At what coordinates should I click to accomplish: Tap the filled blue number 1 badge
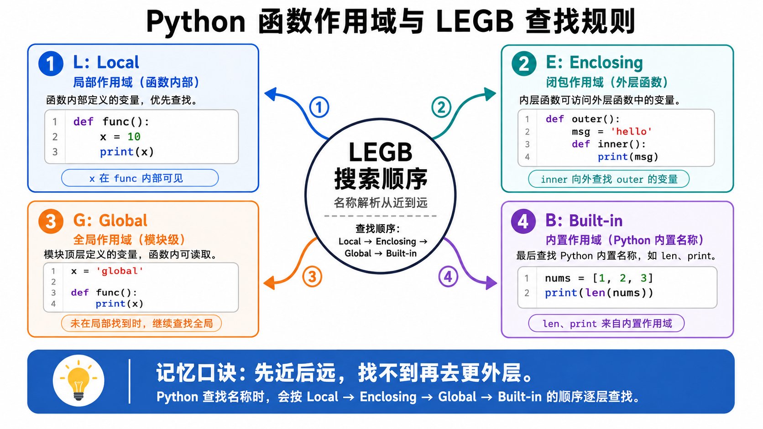pos(51,64)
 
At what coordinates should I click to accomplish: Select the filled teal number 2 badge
pos(524,64)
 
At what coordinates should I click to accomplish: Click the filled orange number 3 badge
pos(51,222)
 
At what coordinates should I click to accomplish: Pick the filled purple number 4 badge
pos(523,222)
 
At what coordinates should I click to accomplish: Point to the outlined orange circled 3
pos(312,277)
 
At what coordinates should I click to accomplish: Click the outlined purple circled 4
pos(448,277)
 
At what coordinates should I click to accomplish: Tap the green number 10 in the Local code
pos(134,137)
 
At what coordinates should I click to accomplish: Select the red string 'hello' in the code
pos(631,131)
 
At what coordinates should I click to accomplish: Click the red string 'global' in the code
pos(120,271)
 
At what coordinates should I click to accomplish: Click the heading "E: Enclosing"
pos(594,62)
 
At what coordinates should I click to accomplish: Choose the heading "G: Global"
pos(110,221)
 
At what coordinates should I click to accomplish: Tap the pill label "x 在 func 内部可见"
pos(140,178)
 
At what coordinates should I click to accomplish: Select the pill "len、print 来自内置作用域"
pos(606,323)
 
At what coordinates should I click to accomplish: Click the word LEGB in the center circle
pos(381,152)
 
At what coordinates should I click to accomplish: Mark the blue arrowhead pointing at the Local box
pos(272,94)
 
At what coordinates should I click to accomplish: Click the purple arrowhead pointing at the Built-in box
pos(491,283)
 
